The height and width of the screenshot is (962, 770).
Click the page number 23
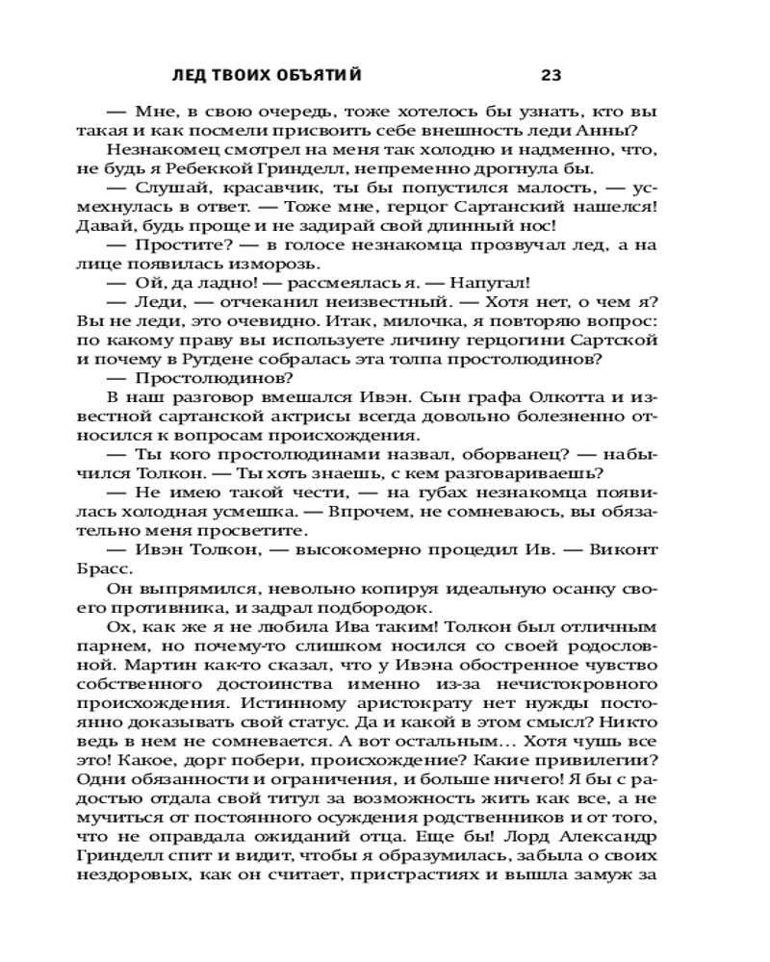click(552, 76)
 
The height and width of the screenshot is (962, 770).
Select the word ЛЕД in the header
click(187, 76)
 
